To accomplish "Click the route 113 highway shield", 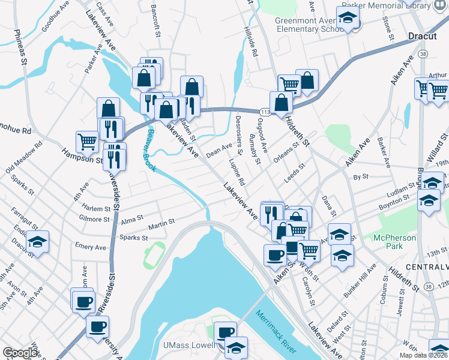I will click(264, 112).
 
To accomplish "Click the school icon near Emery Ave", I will click(38, 243).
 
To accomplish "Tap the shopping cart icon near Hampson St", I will click(87, 142).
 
